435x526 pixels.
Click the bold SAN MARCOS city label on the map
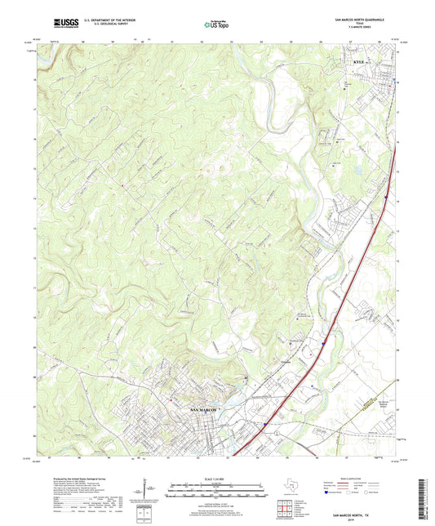204,408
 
